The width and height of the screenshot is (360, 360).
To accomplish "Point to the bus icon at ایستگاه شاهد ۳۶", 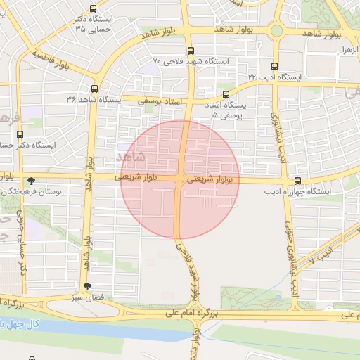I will [x=94, y=89].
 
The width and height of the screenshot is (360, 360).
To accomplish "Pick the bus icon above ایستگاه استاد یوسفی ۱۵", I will [x=226, y=94].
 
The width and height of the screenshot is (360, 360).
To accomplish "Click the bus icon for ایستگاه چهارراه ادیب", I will [x=297, y=181].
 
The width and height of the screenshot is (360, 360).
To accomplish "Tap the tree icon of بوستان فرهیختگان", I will [x=30, y=181].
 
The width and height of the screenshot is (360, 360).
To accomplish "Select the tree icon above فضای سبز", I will [x=87, y=286].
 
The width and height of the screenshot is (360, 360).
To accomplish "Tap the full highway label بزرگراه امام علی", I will [x=190, y=311].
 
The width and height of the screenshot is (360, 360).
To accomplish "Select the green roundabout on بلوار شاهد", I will [x=277, y=30].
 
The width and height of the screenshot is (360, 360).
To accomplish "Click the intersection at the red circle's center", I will [x=181, y=180].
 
